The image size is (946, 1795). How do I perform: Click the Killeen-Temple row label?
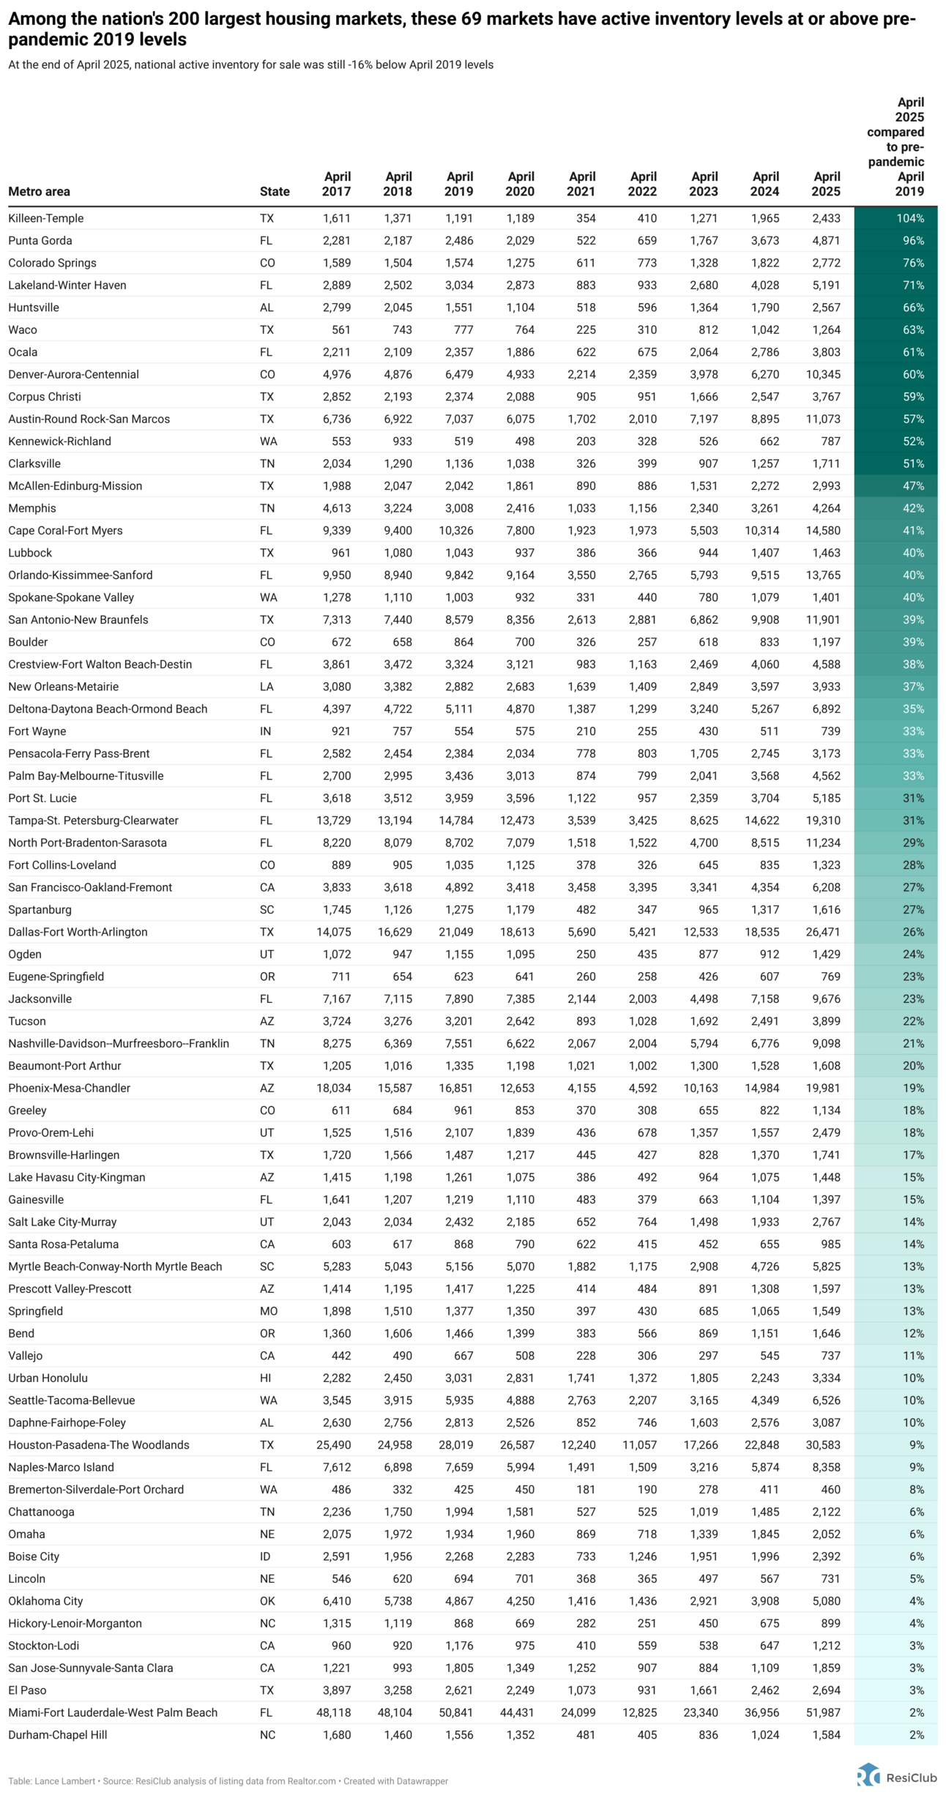click(46, 218)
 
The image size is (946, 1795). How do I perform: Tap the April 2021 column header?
click(582, 184)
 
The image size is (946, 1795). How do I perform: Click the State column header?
click(275, 192)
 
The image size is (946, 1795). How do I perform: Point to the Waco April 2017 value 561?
click(341, 329)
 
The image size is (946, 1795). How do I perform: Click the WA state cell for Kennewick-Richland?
click(268, 441)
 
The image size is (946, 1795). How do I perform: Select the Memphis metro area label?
click(32, 508)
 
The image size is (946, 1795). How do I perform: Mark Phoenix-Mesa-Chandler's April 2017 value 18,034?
click(333, 1088)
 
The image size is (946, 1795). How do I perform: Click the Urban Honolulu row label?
click(48, 1378)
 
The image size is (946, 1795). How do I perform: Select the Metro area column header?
click(40, 192)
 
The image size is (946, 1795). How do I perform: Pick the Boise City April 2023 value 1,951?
click(704, 1556)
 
